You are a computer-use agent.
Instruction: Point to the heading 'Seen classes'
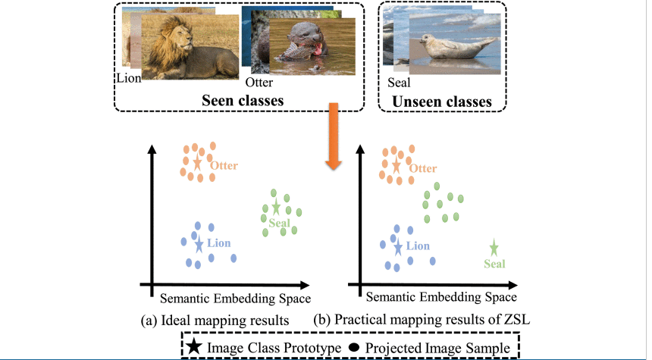[x=242, y=100]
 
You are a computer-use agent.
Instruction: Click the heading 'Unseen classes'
[x=441, y=101]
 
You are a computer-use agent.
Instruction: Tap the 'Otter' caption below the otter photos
[x=259, y=83]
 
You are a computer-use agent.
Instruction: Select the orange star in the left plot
[x=197, y=162]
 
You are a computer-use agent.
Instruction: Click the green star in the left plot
[x=276, y=208]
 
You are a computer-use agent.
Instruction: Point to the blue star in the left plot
[x=199, y=245]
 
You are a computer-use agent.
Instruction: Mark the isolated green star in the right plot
[x=494, y=248]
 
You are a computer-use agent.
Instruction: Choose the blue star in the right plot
[x=397, y=247]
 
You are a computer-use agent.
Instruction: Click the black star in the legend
[x=194, y=347]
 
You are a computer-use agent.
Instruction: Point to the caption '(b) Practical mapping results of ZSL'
[x=422, y=320]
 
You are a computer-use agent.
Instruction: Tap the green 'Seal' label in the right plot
[x=494, y=264]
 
